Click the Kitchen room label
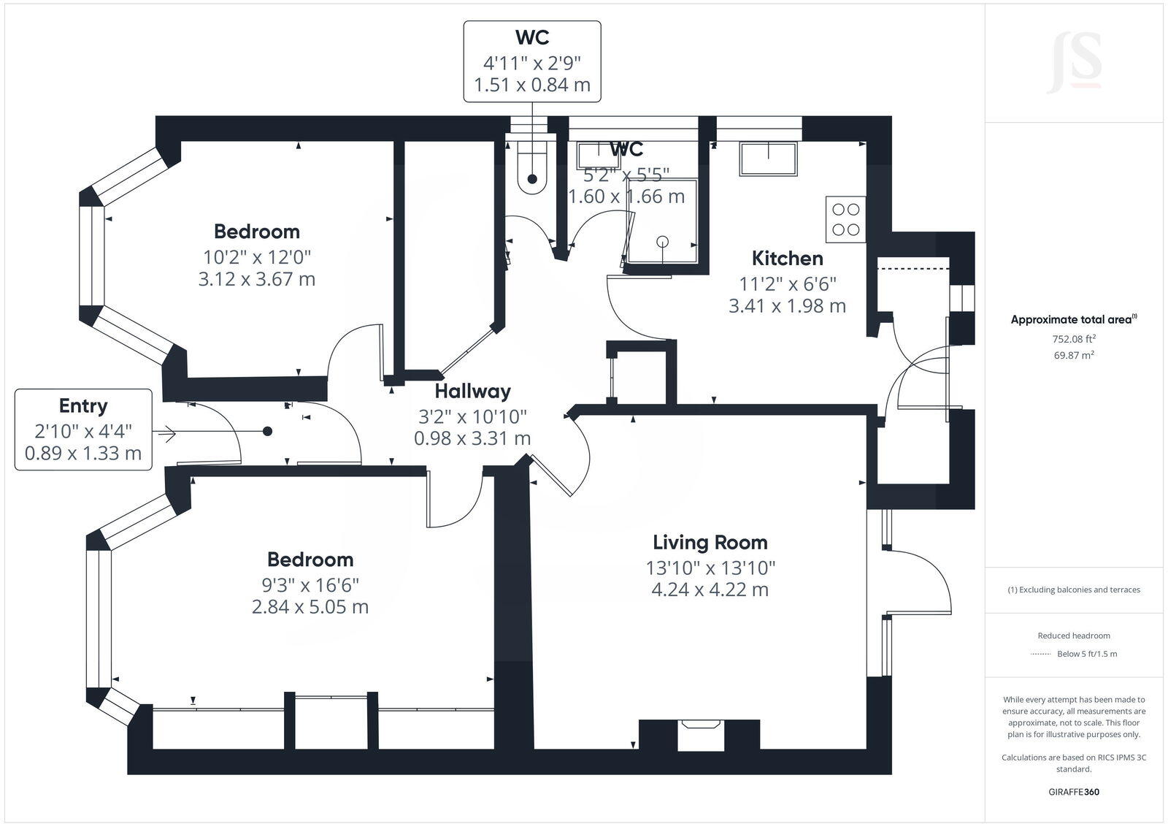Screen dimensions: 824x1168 click(x=787, y=258)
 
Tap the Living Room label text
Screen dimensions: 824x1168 click(x=710, y=542)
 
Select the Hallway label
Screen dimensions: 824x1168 click(x=472, y=392)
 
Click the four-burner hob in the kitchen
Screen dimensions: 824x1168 click(x=845, y=219)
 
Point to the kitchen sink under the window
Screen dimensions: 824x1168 click(x=768, y=159)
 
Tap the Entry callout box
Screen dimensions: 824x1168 click(x=83, y=430)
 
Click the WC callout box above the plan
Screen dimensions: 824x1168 click(x=532, y=61)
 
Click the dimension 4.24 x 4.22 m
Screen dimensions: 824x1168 click(x=710, y=590)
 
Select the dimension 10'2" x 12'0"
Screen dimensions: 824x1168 click(x=257, y=257)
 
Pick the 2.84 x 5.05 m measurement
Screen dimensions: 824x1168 click(x=310, y=607)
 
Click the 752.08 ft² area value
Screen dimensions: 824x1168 click(x=1073, y=339)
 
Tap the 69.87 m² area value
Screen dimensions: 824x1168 click(x=1073, y=356)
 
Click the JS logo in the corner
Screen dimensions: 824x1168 click(x=1074, y=63)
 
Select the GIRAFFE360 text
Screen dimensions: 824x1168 click(x=1073, y=792)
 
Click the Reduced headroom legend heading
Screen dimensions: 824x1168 click(x=1073, y=636)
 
